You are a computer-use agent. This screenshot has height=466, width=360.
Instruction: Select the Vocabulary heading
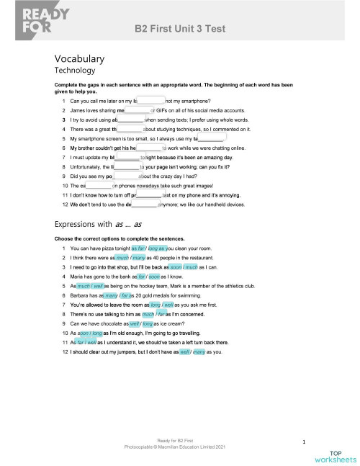click(80, 58)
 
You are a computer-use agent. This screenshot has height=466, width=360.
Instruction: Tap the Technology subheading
click(76, 71)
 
